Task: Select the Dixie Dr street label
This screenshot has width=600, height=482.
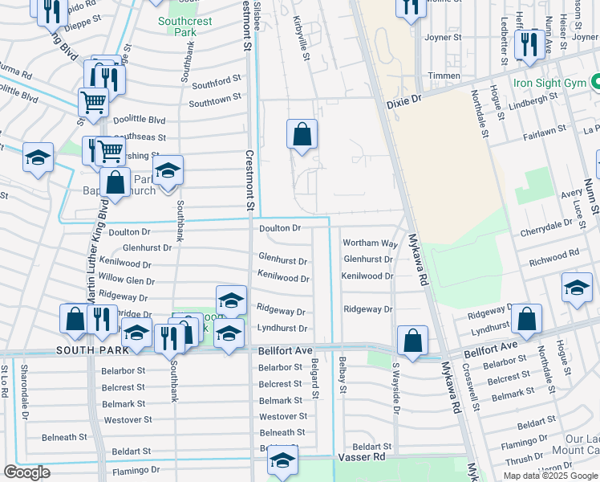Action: click(404, 98)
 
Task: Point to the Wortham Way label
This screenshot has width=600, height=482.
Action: click(370, 243)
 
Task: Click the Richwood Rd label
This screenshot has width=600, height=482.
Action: click(553, 255)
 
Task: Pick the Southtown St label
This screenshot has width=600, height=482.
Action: click(215, 99)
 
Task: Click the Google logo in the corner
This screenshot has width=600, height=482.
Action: click(26, 472)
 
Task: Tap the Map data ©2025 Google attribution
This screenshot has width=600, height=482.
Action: click(549, 476)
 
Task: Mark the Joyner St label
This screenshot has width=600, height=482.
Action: click(443, 36)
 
